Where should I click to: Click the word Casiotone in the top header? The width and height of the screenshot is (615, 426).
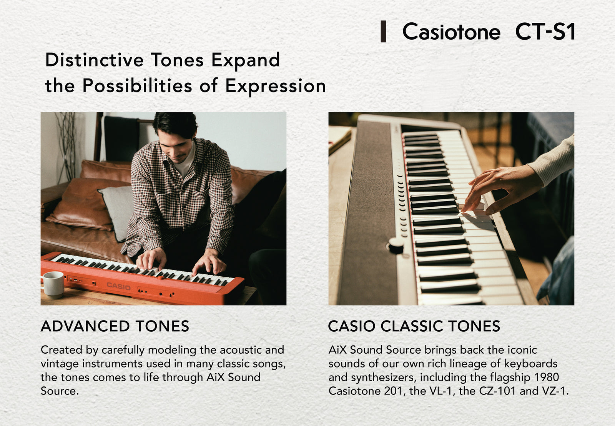[x=451, y=32]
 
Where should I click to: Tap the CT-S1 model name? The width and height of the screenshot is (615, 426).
[x=545, y=32]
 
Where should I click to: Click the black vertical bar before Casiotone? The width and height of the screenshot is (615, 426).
[x=383, y=32]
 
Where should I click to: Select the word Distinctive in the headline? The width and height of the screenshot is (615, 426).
[x=94, y=60]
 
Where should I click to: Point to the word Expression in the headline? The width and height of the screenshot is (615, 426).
[x=275, y=86]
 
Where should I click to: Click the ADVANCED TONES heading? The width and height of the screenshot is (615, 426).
[x=115, y=326]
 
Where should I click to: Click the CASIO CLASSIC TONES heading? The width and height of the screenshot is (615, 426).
[x=414, y=326]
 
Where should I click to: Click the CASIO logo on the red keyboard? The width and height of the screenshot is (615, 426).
[x=118, y=286]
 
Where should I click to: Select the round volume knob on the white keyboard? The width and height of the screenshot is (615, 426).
[x=396, y=245]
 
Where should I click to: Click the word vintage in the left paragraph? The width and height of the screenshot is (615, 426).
[x=60, y=364]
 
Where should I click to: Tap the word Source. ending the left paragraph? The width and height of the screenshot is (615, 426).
[x=60, y=391]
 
